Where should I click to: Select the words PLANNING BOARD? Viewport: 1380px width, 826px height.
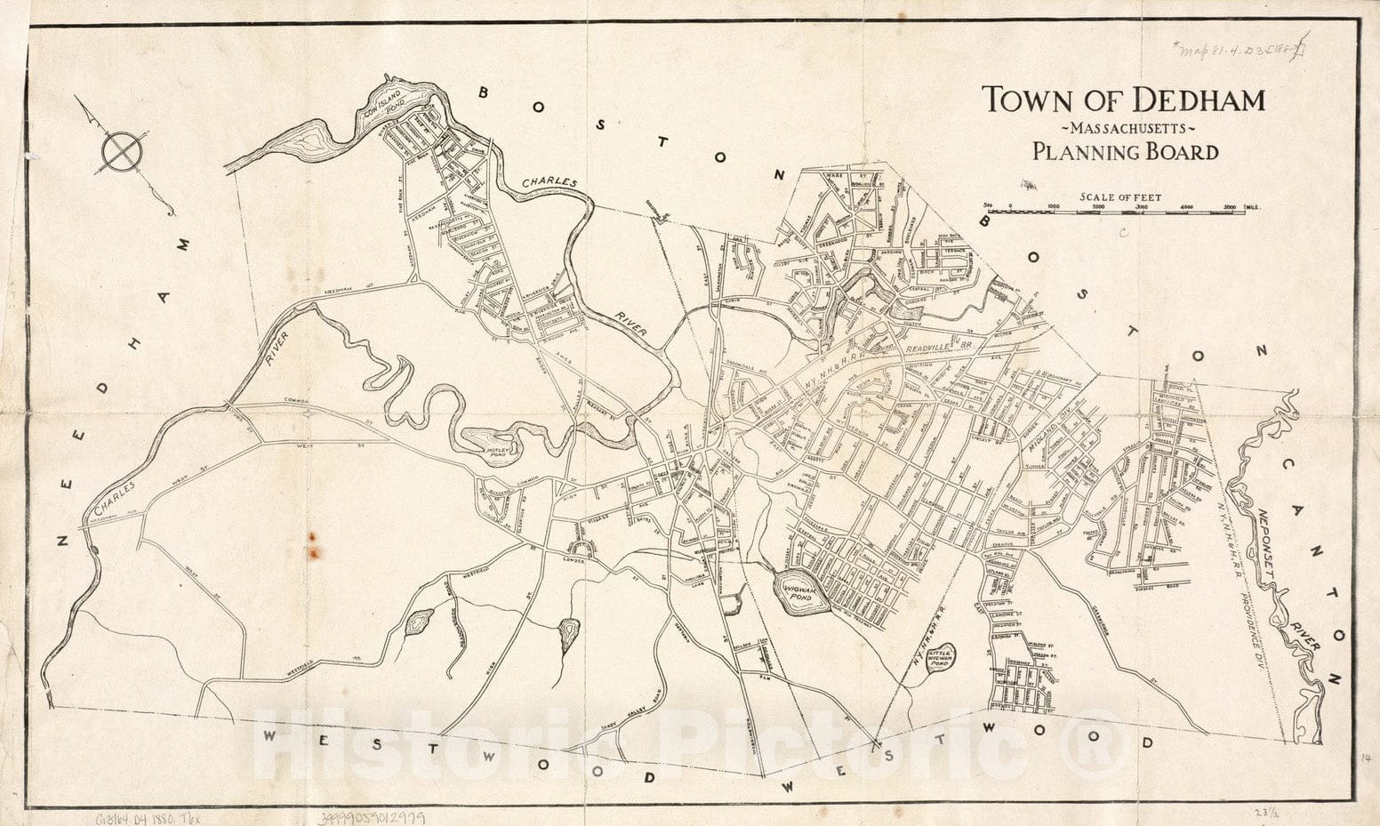point(1125,152)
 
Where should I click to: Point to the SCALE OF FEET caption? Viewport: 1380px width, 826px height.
point(1120,197)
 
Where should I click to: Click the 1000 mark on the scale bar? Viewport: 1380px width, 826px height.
point(1054,207)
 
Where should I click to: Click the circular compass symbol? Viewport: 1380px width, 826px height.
point(121,151)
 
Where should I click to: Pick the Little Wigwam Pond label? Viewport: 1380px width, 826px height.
point(939,658)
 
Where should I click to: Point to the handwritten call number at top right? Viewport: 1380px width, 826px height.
point(1241,49)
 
